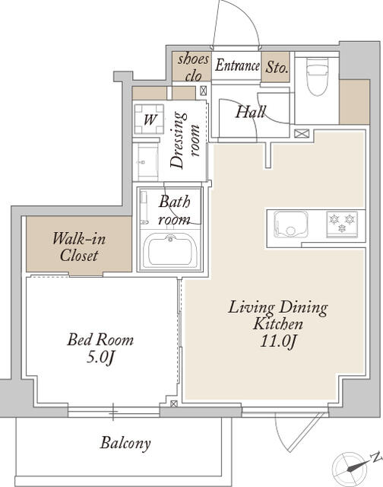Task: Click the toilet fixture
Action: point(317,76)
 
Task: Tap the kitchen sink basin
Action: point(290,224)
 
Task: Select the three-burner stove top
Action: point(342,224)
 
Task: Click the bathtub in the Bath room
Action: point(170,250)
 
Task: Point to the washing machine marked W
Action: point(149,119)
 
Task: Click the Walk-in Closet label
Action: point(79,247)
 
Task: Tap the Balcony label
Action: point(125,443)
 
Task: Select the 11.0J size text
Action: point(278,342)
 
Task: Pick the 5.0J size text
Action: point(100,358)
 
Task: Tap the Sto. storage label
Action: point(277,68)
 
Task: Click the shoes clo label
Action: point(193,68)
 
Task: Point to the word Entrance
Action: point(237,65)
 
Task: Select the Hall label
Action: point(250,112)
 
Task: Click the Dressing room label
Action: point(185,140)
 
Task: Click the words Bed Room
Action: point(100,339)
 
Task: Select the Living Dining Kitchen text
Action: point(277,316)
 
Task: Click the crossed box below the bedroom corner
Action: point(174,403)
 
